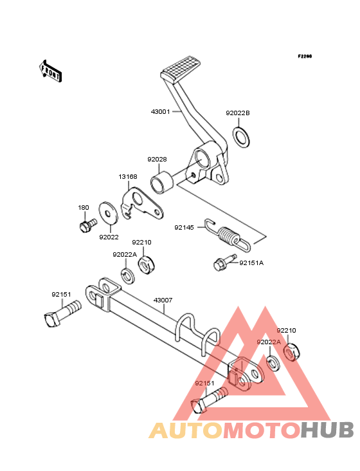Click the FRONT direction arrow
coord(50,71)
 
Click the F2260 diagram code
coord(305,56)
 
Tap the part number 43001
coord(161,112)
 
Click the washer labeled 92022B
coord(242,137)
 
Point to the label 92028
coord(157,159)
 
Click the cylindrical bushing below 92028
coord(162,182)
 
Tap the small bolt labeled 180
coord(88,225)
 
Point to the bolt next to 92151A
coord(225,262)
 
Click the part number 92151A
coord(251,263)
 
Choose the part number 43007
coord(163,300)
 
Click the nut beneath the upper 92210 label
coord(148,265)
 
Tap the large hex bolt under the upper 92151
coord(62,314)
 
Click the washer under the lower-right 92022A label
coord(273,363)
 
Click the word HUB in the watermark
coord(328,430)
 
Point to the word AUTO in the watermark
coord(186,430)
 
